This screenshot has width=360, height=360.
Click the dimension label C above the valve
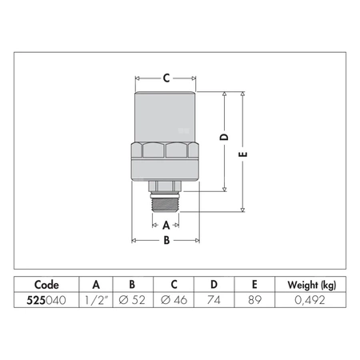(x=166, y=78)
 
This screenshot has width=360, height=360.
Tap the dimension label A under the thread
(x=166, y=225)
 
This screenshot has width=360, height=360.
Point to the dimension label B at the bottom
(x=166, y=239)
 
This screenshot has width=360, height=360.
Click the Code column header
(x=46, y=285)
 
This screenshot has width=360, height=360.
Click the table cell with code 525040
(x=46, y=301)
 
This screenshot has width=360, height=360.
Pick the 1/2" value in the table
(x=96, y=301)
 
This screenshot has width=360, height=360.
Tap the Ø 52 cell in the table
(x=132, y=301)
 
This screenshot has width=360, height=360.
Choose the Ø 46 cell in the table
(x=174, y=301)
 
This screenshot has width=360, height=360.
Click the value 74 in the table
(x=214, y=301)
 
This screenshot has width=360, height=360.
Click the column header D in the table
(x=214, y=285)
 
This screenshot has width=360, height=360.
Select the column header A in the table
(x=96, y=285)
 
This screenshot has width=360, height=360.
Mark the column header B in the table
(x=132, y=285)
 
